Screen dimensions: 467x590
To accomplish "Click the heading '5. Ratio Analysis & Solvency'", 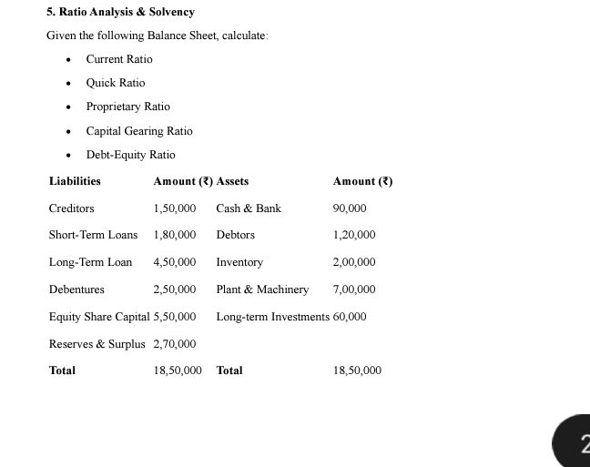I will point(120,12).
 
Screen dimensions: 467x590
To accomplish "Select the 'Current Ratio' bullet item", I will point(119,59).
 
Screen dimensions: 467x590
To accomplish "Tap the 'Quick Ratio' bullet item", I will point(116,83).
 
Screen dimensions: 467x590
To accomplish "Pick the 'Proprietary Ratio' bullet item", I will point(127,107).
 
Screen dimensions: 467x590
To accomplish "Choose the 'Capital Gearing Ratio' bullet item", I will point(139,131).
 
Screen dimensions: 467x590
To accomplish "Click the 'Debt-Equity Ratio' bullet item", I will point(130,155).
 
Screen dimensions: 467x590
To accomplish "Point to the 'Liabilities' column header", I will point(75,181).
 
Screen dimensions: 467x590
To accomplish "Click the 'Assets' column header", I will point(232,181).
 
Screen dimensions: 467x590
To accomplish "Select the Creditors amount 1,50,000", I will point(174,208).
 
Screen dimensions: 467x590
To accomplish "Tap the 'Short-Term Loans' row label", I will point(93,235).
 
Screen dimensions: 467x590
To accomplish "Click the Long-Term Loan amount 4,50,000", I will point(174,262).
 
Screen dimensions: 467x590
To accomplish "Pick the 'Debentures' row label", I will point(76,289).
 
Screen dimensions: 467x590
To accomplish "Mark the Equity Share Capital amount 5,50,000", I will point(174,317).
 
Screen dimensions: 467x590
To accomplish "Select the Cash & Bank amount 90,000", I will point(350,208).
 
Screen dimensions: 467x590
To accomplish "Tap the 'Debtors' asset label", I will point(235,235).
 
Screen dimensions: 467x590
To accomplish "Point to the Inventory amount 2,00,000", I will point(354,262).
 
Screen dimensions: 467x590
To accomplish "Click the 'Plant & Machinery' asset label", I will point(262,289).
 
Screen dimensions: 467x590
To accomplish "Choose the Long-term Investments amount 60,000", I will point(350,317).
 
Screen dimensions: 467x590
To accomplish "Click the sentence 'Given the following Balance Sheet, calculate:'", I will point(158,36).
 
